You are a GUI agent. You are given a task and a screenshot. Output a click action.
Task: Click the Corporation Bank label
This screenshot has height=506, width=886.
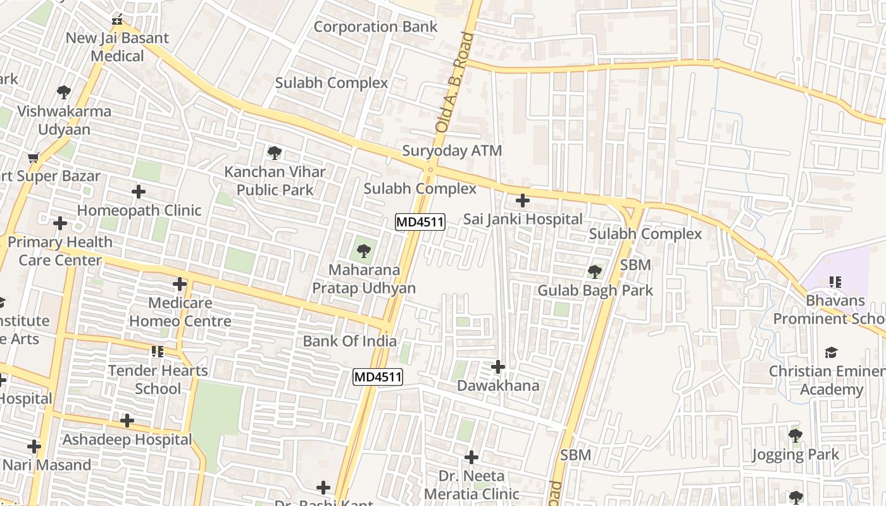pyautogui.click(x=375, y=27)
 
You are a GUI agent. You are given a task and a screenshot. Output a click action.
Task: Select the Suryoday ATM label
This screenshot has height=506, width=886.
pyautogui.click(x=452, y=151)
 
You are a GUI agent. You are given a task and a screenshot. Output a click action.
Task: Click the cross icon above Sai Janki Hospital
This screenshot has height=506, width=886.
pyautogui.click(x=522, y=201)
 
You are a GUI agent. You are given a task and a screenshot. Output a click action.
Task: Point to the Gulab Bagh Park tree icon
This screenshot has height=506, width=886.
pyautogui.click(x=594, y=272)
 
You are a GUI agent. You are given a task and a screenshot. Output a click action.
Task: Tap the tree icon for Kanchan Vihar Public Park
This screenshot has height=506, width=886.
pyautogui.click(x=274, y=152)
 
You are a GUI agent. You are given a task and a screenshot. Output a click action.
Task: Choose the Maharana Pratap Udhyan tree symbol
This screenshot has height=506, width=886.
pyautogui.click(x=363, y=251)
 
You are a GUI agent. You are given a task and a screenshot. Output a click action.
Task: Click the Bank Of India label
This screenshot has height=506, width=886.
pyautogui.click(x=349, y=342)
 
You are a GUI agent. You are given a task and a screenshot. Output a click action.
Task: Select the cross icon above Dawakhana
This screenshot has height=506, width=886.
pyautogui.click(x=498, y=367)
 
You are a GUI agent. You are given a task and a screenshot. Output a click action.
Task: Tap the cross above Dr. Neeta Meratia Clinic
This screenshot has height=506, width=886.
pyautogui.click(x=471, y=457)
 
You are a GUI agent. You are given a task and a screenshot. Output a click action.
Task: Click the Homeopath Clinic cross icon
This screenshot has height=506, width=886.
pyautogui.click(x=139, y=191)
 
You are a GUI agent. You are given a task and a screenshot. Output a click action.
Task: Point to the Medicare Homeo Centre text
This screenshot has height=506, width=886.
pyautogui.click(x=180, y=312)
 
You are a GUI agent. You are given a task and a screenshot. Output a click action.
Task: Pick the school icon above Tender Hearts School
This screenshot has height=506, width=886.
pyautogui.click(x=158, y=351)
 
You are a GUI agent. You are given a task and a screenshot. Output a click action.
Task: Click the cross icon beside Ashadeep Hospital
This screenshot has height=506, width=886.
pyautogui.click(x=127, y=420)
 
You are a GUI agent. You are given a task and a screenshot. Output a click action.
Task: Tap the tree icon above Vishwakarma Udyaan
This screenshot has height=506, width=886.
pyautogui.click(x=64, y=92)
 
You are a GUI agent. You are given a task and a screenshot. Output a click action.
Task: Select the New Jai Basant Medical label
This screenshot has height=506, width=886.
pyautogui.click(x=117, y=47)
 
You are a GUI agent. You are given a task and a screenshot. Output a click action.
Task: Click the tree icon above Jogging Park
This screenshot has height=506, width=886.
pyautogui.click(x=796, y=435)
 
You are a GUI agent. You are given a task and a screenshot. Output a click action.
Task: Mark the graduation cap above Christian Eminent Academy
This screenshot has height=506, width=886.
pyautogui.click(x=831, y=352)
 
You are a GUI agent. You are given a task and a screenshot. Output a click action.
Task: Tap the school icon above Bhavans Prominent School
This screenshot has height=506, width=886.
pyautogui.click(x=835, y=281)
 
